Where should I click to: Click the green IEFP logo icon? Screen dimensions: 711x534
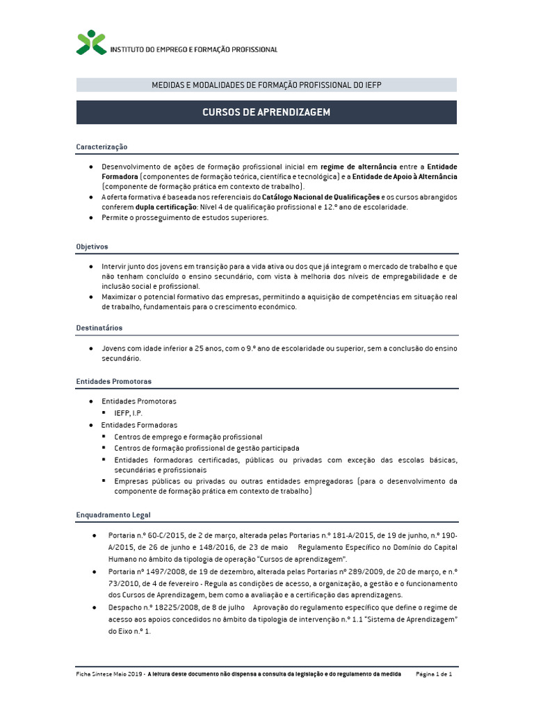coord(92,42)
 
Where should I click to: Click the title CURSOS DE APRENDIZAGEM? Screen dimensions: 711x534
coord(266,112)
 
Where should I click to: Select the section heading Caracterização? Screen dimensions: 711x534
coord(102,147)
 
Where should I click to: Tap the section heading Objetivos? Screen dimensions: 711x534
coord(92,246)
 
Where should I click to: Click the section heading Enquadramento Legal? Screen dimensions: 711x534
coord(113,515)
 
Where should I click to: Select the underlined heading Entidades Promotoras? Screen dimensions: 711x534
coord(113,381)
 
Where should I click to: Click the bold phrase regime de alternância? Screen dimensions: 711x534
coord(358,167)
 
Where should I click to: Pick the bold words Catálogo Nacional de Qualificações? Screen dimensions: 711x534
coord(321,197)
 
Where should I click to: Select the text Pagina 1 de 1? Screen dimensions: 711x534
coord(435,674)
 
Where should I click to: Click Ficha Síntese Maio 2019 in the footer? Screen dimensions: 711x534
coord(108,674)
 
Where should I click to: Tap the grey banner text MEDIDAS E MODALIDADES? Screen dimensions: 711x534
coord(266,85)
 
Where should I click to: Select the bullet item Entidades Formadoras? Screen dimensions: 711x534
coord(139,425)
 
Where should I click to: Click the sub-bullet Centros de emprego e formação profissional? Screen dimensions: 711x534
coord(188,437)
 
